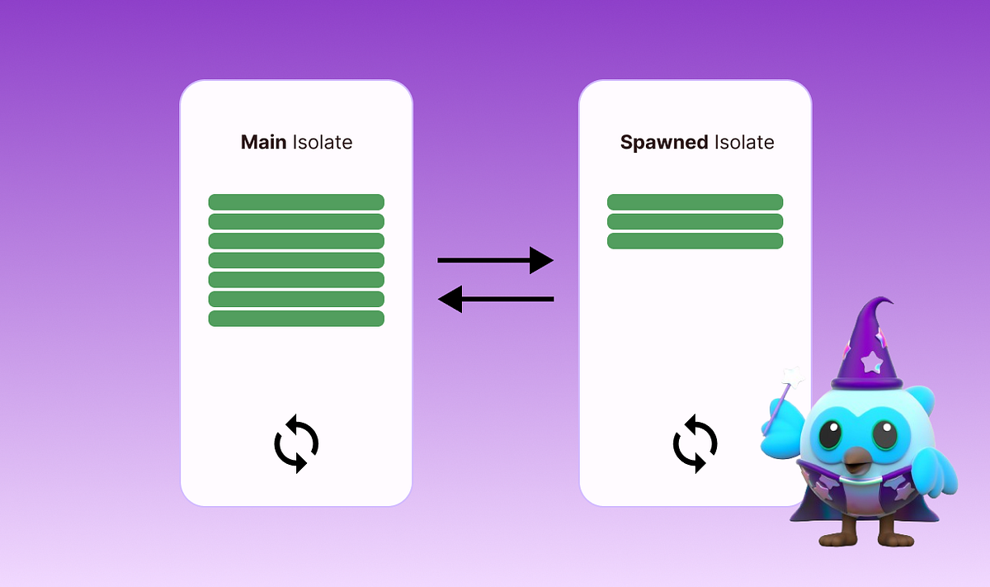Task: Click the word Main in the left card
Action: click(264, 142)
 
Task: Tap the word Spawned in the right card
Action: click(664, 142)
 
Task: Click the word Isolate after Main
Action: click(323, 142)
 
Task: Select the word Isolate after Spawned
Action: click(744, 142)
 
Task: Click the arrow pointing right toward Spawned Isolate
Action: click(495, 260)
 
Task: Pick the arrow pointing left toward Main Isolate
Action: click(495, 299)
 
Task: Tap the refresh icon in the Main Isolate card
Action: click(296, 445)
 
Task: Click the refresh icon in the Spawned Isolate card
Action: click(695, 443)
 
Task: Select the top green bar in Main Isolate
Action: click(296, 202)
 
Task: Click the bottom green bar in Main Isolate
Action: click(296, 319)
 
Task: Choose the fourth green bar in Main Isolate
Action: click(296, 260)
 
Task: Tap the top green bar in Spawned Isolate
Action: click(695, 202)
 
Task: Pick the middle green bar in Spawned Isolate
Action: click(695, 221)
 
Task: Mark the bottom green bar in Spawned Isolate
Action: click(695, 241)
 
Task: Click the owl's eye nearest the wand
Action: click(832, 434)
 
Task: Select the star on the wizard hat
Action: click(871, 361)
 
